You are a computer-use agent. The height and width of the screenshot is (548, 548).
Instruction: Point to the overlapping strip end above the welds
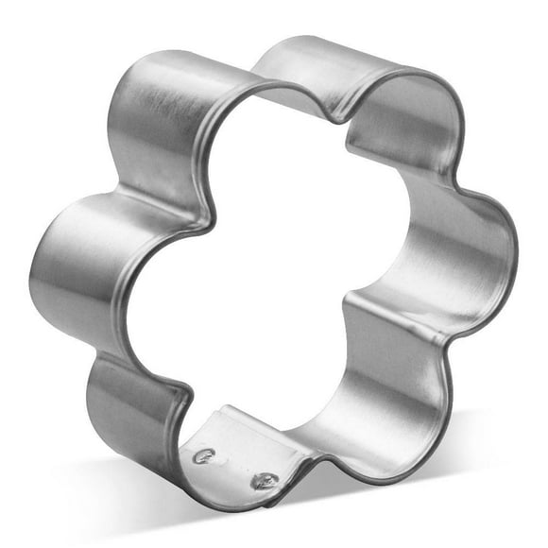point(227,416)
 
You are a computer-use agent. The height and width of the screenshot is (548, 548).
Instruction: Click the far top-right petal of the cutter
point(397,104)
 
